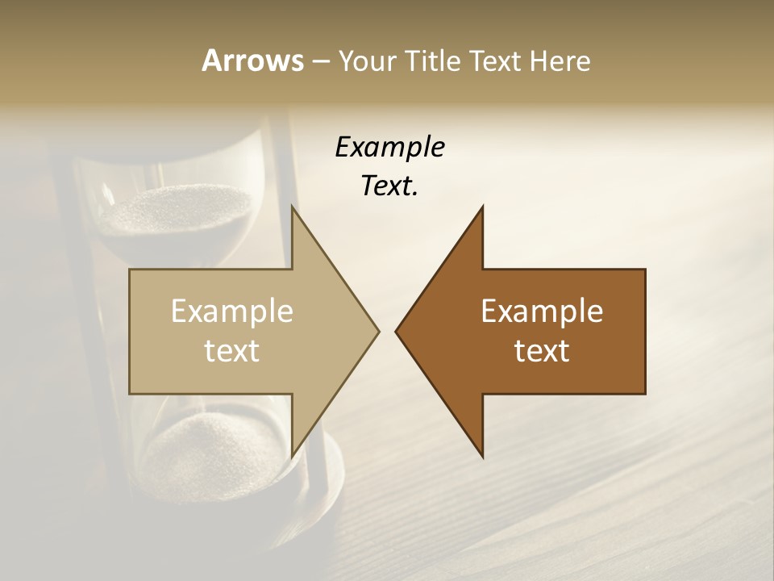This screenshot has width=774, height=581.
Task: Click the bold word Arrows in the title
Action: pos(252,61)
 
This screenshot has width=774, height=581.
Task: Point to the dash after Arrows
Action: pos(320,61)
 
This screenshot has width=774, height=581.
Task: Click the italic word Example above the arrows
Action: pos(389,148)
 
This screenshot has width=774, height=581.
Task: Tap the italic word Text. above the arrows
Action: pos(389,186)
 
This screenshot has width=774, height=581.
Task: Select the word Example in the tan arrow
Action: pos(232,311)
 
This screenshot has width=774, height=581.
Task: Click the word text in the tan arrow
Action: pos(232,350)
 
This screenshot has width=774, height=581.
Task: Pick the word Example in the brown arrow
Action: pos(542,311)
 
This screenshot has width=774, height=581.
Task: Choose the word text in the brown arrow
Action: pos(542,350)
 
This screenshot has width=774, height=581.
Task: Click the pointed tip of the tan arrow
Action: pos(377,331)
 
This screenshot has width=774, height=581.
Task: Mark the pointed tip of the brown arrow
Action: pos(397,331)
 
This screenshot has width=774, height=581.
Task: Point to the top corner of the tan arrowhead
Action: pos(292,207)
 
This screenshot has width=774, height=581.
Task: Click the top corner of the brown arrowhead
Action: pos(482,207)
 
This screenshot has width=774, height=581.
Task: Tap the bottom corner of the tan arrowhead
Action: pos(292,456)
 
